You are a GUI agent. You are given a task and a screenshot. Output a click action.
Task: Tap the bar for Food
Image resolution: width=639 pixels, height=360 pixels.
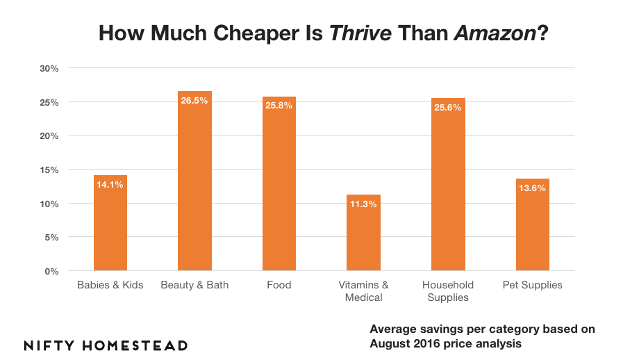pyautogui.click(x=279, y=188)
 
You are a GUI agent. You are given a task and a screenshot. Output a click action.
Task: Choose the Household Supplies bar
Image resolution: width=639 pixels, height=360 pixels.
pyautogui.click(x=448, y=188)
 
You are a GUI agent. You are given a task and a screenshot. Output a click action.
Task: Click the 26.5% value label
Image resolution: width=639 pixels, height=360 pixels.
pyautogui.click(x=194, y=100)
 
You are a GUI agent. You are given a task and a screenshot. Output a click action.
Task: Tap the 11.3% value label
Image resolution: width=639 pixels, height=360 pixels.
pyautogui.click(x=363, y=204)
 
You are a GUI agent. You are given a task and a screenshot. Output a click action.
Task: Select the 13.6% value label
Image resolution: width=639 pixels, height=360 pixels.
pyautogui.click(x=533, y=188)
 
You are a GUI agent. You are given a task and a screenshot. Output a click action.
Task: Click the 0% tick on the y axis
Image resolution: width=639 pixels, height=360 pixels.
pyautogui.click(x=52, y=271)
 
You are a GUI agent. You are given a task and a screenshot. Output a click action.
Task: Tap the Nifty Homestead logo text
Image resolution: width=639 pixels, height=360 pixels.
pyautogui.click(x=106, y=345)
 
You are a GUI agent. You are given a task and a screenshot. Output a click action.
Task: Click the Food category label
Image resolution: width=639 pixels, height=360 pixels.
pyautogui.click(x=279, y=285)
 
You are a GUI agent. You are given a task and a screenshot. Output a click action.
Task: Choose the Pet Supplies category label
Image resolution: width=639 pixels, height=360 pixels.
pyautogui.click(x=533, y=285)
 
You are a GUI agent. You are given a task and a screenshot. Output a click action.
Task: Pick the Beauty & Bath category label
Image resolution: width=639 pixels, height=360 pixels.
pyautogui.click(x=194, y=285)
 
